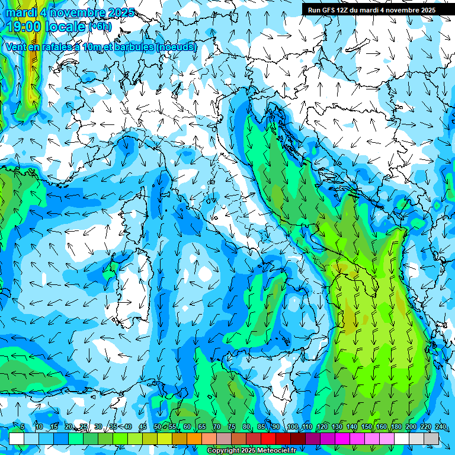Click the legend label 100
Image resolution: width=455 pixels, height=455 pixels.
(x=292, y=427)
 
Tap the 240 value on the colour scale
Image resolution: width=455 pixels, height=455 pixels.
(x=440, y=427)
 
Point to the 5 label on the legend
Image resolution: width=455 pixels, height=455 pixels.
(x=22, y=427)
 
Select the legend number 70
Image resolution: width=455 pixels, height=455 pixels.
(x=217, y=427)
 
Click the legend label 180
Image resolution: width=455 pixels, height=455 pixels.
(x=395, y=427)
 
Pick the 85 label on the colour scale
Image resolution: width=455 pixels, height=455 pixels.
(x=261, y=427)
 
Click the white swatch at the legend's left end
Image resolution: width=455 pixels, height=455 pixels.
(x=17, y=438)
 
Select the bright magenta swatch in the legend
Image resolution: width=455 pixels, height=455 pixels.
(x=342, y=438)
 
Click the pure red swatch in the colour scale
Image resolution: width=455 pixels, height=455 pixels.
(x=268, y=438)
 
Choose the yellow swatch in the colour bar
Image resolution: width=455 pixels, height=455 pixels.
(x=165, y=438)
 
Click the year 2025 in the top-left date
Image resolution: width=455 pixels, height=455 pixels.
(x=117, y=12)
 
